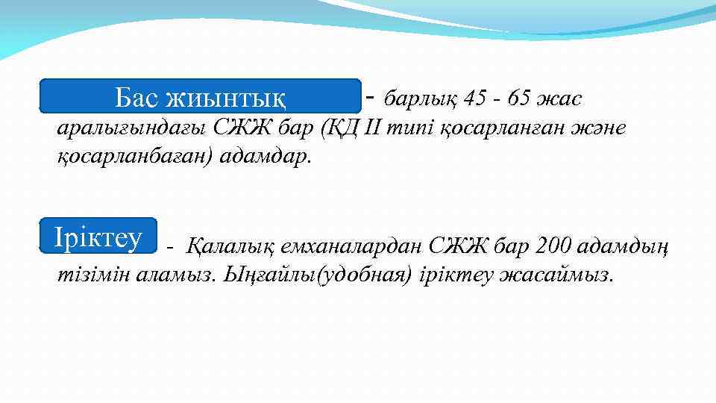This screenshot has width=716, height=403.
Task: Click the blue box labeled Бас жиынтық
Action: (200, 96)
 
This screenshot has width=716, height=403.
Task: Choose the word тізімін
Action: (95, 274)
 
